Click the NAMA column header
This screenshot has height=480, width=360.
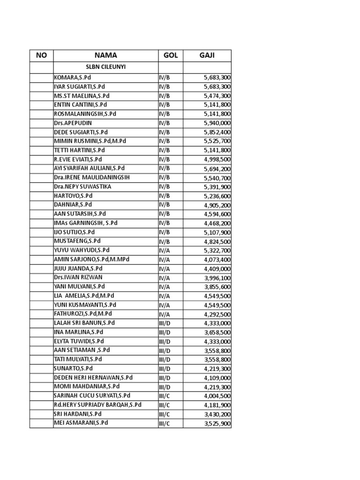105,55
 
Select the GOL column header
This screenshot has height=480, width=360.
171,55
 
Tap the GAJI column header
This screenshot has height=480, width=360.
207,55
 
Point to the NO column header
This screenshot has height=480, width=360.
42,55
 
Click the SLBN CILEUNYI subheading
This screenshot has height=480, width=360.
105,67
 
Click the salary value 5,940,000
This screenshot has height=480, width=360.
217,123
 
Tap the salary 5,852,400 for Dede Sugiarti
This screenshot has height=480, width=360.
217,132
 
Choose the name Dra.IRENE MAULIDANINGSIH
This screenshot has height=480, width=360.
92,178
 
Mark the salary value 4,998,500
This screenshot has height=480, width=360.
217,159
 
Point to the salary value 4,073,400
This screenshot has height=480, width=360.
217,259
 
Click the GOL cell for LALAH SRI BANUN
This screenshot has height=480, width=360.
165,323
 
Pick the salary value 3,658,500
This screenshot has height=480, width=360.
217,332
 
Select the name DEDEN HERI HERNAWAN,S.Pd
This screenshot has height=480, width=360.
93,377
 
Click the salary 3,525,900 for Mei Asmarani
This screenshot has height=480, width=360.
217,423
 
